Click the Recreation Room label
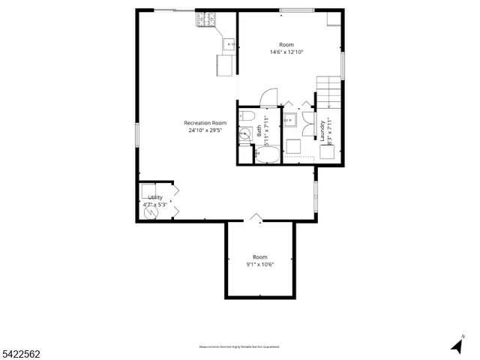pyautogui.click(x=205, y=123)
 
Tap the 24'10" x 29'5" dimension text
pyautogui.click(x=205, y=130)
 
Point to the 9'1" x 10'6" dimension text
pyautogui.click(x=260, y=264)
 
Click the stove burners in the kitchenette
pyautogui.click(x=204, y=20)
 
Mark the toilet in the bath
pyautogui.click(x=247, y=117)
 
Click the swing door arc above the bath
pyautogui.click(x=268, y=97)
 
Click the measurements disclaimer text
pyautogui.click(x=239, y=347)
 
